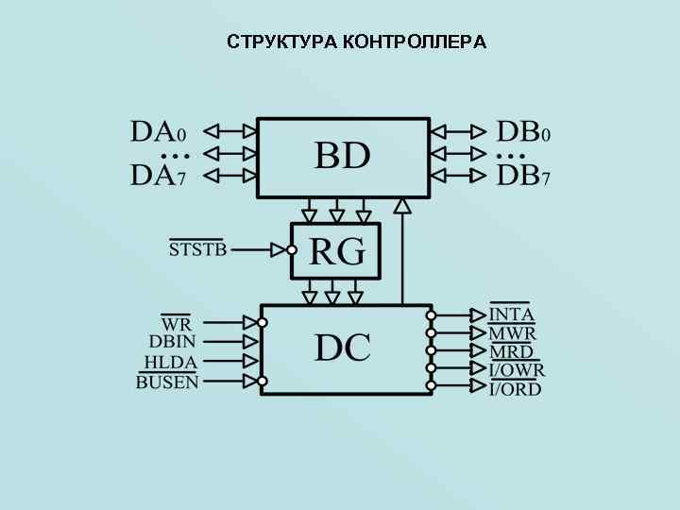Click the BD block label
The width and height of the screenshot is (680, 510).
(342, 156)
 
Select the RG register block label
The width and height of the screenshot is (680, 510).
(336, 252)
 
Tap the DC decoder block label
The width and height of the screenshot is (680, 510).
(342, 348)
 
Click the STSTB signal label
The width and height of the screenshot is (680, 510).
(197, 250)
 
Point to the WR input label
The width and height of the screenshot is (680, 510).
(176, 323)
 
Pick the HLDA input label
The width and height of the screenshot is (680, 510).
(170, 363)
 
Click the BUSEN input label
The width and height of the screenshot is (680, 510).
(167, 382)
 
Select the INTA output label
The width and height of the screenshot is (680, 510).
(512, 314)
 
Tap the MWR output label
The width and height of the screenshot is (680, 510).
(513, 333)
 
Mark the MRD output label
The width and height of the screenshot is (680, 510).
(511, 351)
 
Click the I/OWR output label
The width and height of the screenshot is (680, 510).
(517, 370)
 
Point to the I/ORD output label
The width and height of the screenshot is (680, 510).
(516, 388)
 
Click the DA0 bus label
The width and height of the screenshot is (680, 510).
(158, 131)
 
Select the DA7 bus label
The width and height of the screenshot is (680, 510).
(158, 175)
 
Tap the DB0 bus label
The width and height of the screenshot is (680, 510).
(523, 131)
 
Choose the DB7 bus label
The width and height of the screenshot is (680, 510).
(523, 175)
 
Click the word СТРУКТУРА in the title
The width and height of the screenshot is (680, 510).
(281, 42)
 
